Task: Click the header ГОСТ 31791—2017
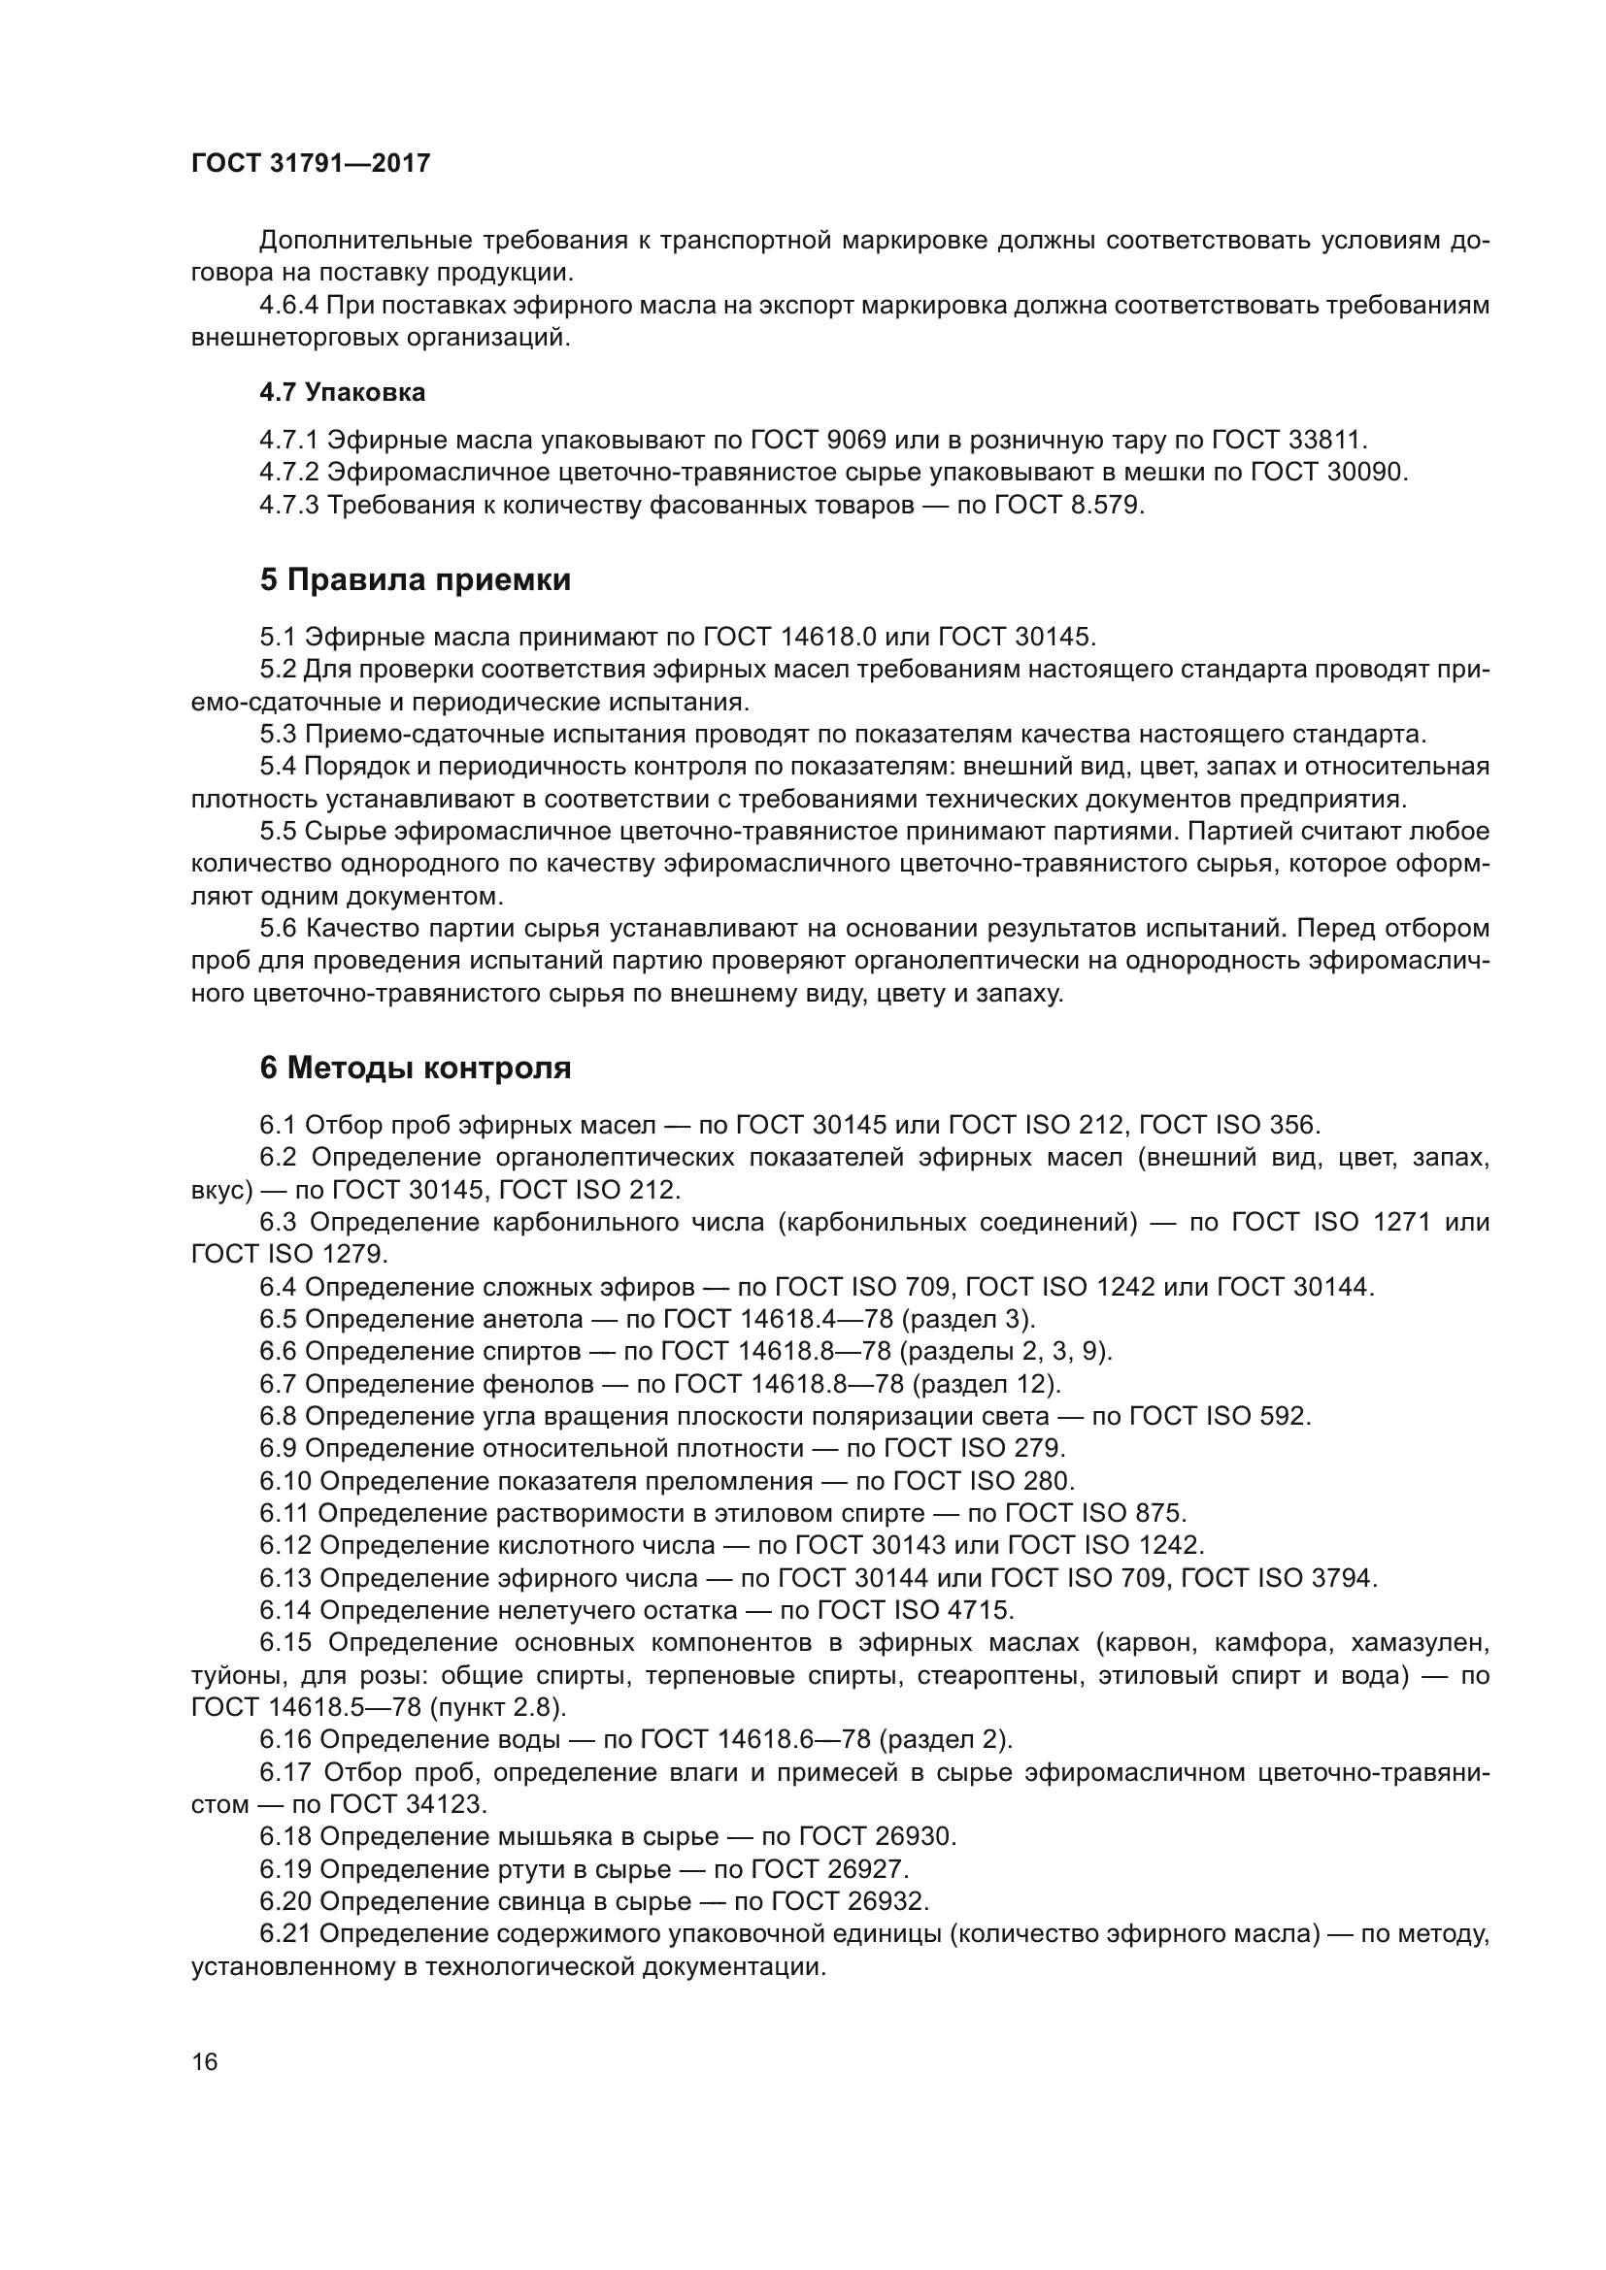311,163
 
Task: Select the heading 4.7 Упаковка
342,392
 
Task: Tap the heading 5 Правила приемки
416,579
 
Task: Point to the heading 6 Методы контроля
416,1068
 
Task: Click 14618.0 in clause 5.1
828,636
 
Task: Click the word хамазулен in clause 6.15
1421,1643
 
